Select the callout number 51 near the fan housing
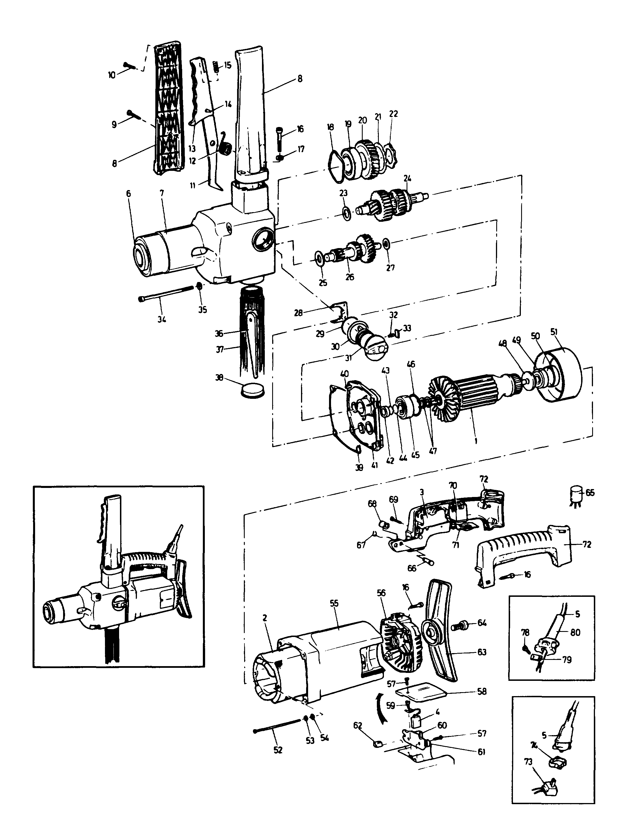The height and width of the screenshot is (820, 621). (x=554, y=332)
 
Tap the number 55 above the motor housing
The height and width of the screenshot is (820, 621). (x=334, y=603)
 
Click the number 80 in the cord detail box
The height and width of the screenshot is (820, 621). (x=575, y=632)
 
